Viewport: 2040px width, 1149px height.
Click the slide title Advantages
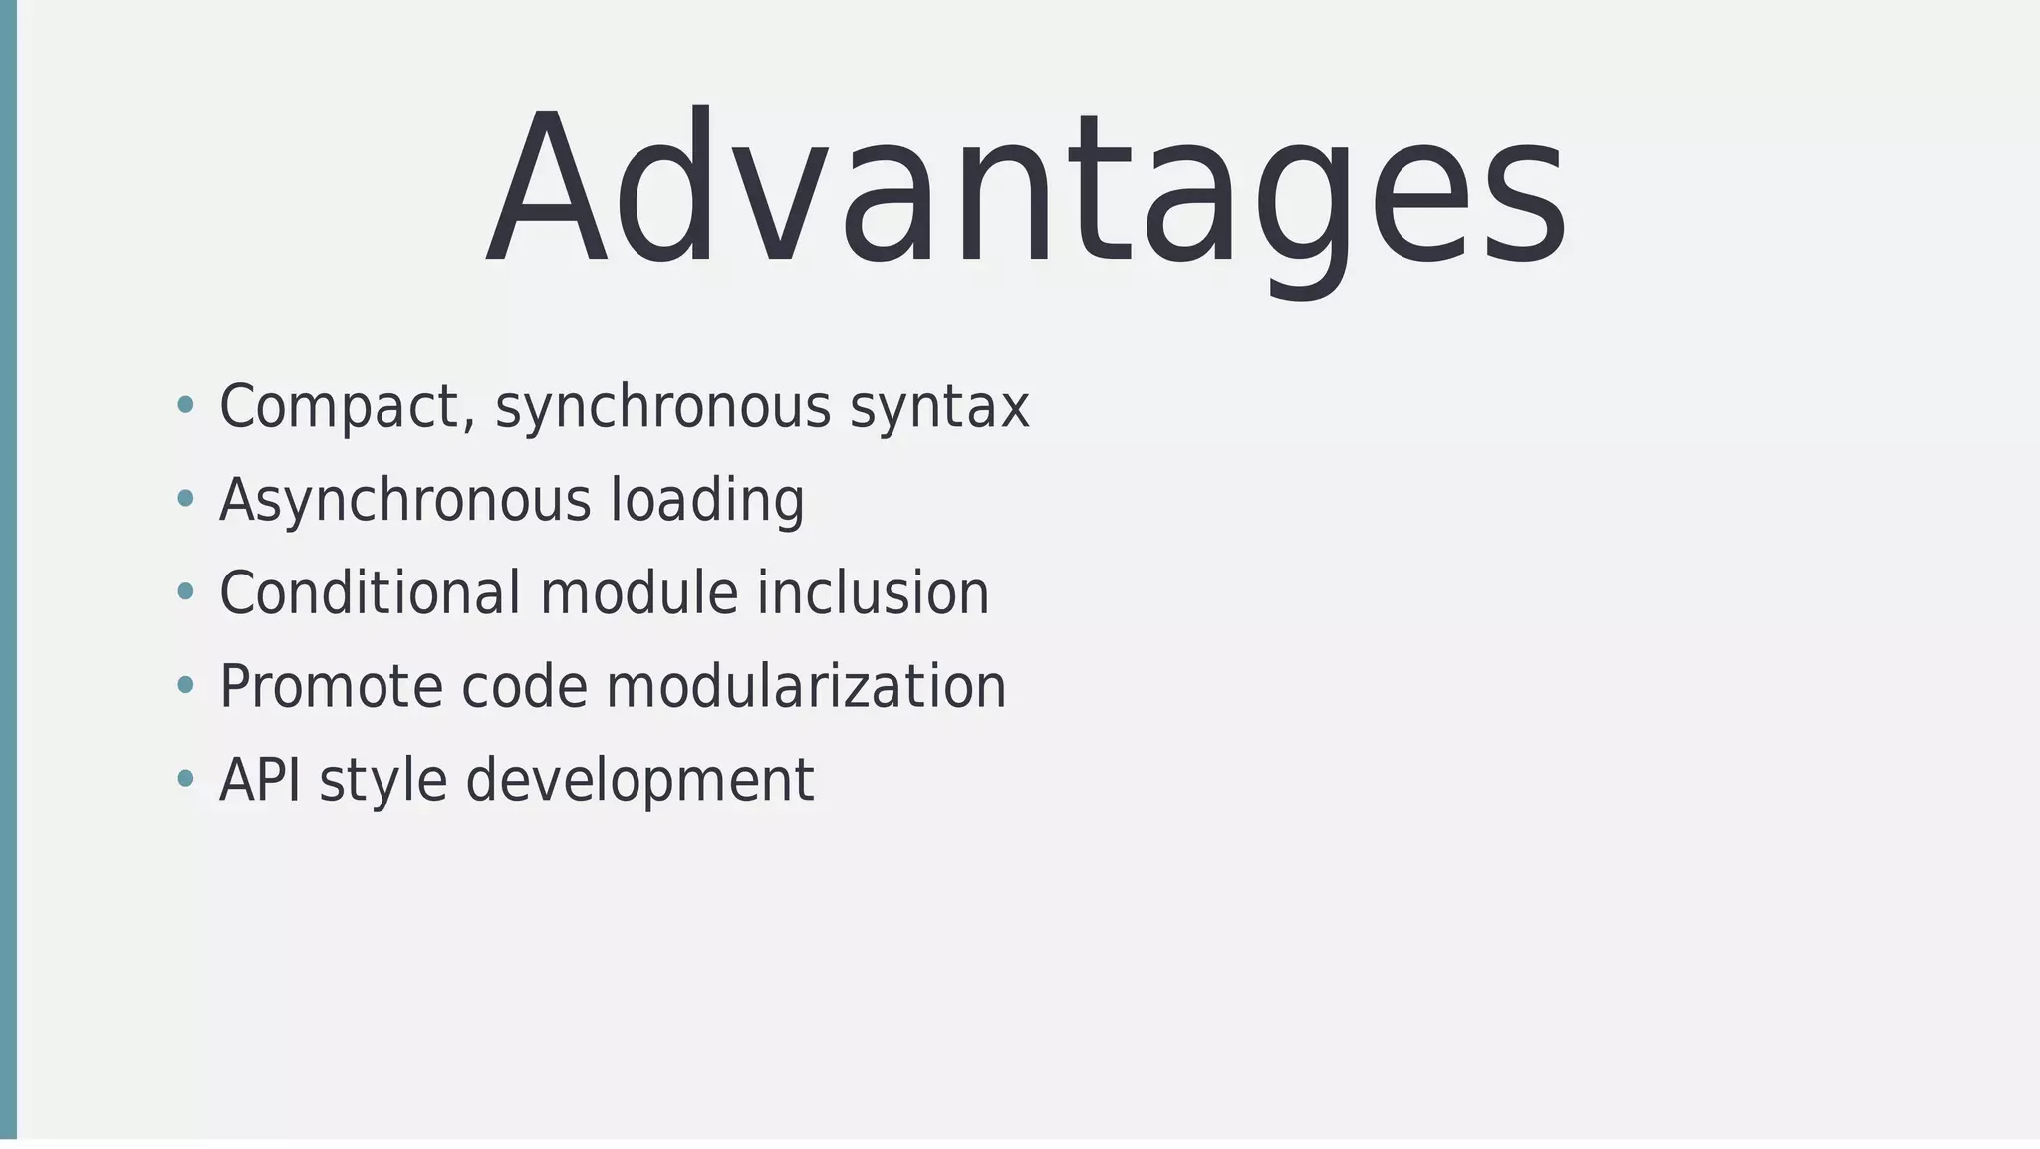tap(1026, 189)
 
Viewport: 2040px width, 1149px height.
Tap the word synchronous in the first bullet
tap(662, 408)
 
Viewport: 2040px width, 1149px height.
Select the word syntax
tap(939, 408)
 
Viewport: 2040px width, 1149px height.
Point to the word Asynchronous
tap(404, 500)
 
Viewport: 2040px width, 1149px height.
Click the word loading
tap(707, 500)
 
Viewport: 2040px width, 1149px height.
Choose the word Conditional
tap(370, 593)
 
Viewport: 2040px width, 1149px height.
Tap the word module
tap(638, 593)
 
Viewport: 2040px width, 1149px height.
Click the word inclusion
tap(873, 593)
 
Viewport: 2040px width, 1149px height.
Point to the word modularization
tap(806, 687)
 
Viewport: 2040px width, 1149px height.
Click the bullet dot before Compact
tap(185, 405)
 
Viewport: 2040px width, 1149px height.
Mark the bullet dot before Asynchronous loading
tap(185, 499)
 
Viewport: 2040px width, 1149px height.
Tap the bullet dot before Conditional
tap(185, 592)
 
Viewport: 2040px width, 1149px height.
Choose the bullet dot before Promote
tap(185, 685)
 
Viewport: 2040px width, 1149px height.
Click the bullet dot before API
tap(185, 779)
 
